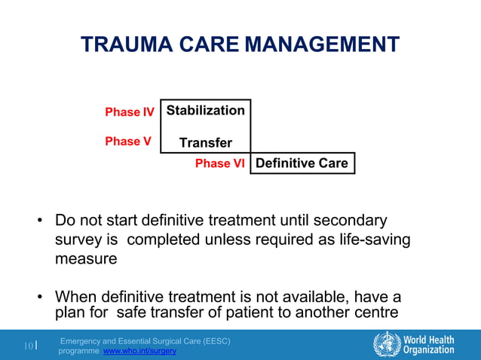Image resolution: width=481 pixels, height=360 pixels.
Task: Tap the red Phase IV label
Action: (129, 112)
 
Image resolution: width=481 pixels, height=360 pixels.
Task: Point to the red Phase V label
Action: (127, 142)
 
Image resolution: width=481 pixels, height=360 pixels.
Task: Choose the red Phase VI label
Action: (219, 163)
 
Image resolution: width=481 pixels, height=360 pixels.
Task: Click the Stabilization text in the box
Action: (205, 111)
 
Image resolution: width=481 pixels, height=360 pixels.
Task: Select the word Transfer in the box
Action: (205, 143)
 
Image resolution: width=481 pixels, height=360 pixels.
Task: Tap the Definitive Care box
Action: (302, 163)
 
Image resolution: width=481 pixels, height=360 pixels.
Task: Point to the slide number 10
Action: (28, 346)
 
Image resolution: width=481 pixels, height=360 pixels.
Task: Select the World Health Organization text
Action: (429, 345)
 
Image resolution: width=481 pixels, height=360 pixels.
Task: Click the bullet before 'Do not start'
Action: (40, 222)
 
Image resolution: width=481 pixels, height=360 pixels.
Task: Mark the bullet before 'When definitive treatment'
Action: (40, 297)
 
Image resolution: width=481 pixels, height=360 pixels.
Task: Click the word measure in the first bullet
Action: (85, 259)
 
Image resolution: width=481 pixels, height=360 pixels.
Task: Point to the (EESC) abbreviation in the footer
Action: (212, 341)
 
